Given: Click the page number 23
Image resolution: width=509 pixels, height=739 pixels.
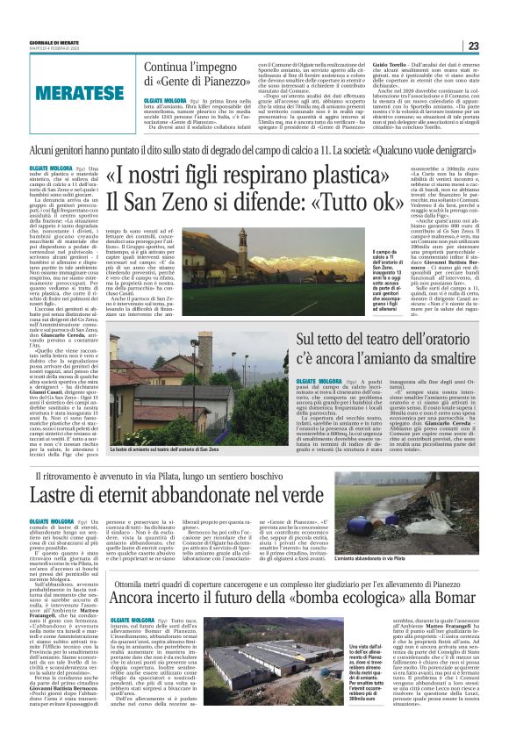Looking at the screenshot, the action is [497, 46].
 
